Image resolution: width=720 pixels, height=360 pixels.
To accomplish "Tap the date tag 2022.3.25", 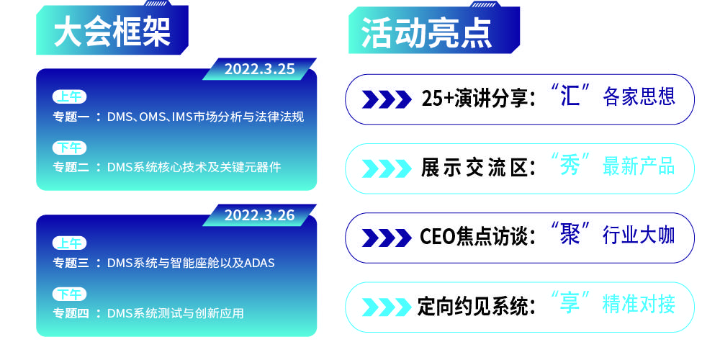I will point(259,69).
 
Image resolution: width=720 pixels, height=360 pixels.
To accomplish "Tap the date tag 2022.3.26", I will point(259,215).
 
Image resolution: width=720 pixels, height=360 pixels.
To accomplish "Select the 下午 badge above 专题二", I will point(69,148).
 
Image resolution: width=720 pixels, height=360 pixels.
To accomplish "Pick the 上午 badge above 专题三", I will point(69,243).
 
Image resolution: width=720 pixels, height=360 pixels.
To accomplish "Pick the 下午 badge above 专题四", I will point(69,294).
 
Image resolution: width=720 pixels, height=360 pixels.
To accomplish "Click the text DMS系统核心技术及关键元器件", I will point(194,167).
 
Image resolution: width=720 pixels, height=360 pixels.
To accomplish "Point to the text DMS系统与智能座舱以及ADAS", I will point(191,263).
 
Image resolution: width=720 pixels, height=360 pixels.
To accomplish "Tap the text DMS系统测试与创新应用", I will point(175,313).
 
